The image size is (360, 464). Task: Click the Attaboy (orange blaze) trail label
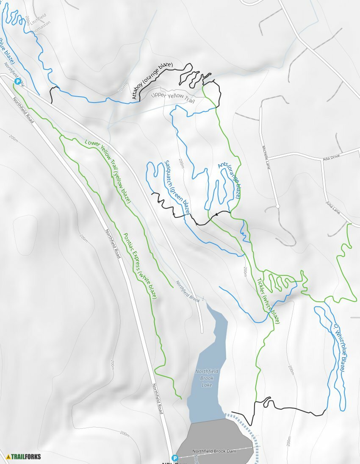point(152,81)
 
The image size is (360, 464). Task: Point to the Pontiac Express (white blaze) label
point(140,265)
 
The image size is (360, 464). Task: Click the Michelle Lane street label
point(266,157)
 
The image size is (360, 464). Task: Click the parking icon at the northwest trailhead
point(17,81)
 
